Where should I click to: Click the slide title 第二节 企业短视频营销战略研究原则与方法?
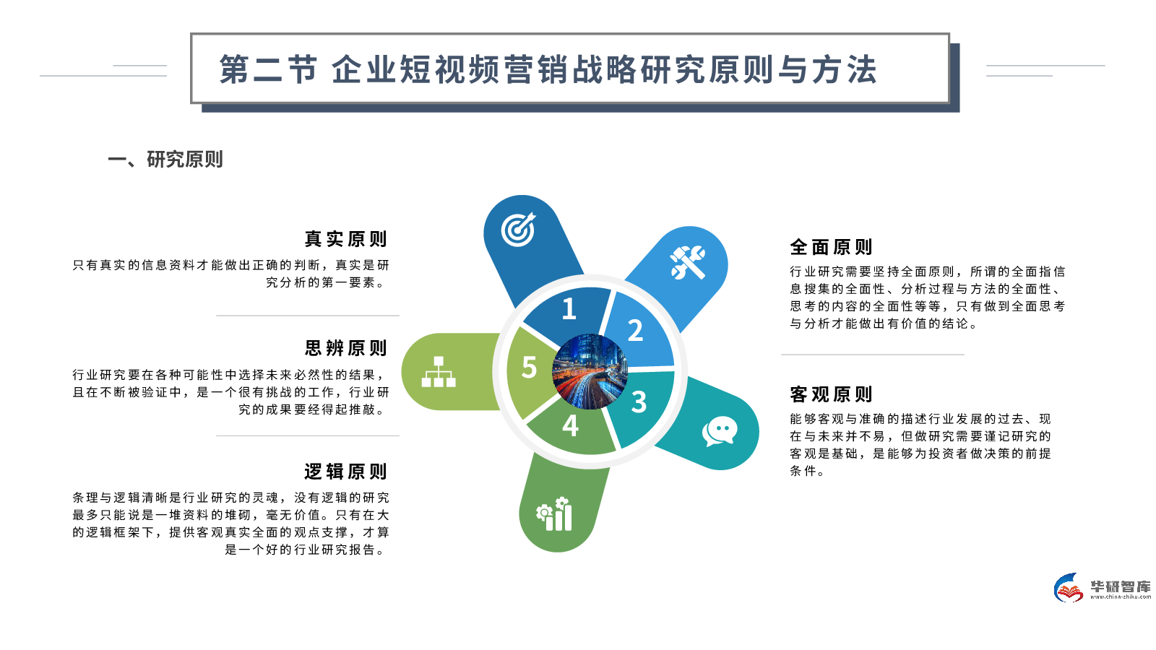click(x=548, y=70)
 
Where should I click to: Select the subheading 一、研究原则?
click(x=165, y=159)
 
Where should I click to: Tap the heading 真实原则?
click(x=346, y=239)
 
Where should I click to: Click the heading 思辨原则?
click(x=346, y=348)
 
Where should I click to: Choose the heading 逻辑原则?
click(x=346, y=472)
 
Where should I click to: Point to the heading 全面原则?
click(x=832, y=247)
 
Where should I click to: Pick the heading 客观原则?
click(x=832, y=394)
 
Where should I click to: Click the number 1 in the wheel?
click(x=569, y=309)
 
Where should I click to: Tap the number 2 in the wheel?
click(x=635, y=331)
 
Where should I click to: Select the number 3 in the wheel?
click(x=639, y=402)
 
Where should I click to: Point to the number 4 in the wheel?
click(x=570, y=426)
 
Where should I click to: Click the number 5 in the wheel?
click(x=529, y=368)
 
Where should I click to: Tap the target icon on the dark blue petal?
click(x=519, y=229)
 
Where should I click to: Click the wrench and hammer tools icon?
click(x=688, y=262)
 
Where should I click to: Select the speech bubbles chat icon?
click(x=720, y=431)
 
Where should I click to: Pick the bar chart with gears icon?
click(x=555, y=514)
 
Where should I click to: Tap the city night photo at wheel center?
click(x=590, y=371)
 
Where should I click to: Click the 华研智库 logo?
click(x=1102, y=588)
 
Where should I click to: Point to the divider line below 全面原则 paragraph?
click(x=872, y=355)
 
